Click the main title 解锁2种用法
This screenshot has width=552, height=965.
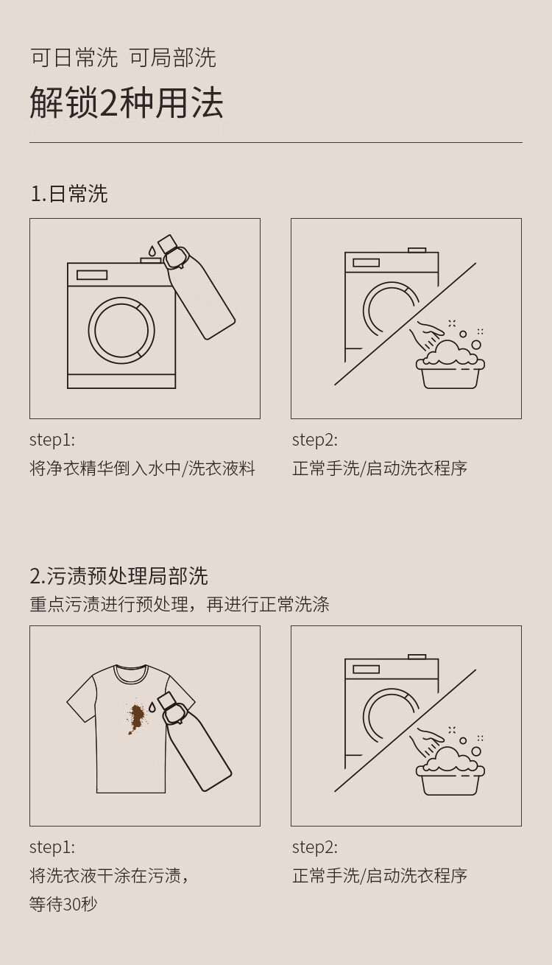[x=126, y=102]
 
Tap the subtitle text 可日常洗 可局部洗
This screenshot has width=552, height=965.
[x=123, y=57]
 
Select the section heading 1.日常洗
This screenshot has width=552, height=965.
[x=69, y=194]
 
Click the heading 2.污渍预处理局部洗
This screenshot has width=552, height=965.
[x=118, y=576]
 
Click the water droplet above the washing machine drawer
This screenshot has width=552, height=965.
[x=152, y=250]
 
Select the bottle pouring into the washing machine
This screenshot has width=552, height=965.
[x=196, y=287]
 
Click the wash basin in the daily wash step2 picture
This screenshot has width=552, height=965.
[x=450, y=371]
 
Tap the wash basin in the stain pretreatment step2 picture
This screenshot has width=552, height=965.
[x=450, y=779]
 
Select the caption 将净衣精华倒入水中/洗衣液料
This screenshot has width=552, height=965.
[x=142, y=469]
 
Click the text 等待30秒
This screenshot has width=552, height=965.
[x=63, y=904]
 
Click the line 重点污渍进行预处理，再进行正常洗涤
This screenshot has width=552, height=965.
[x=180, y=604]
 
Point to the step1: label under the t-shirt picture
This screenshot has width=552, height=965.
[x=52, y=847]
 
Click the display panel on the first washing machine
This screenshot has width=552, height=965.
[x=92, y=275]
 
